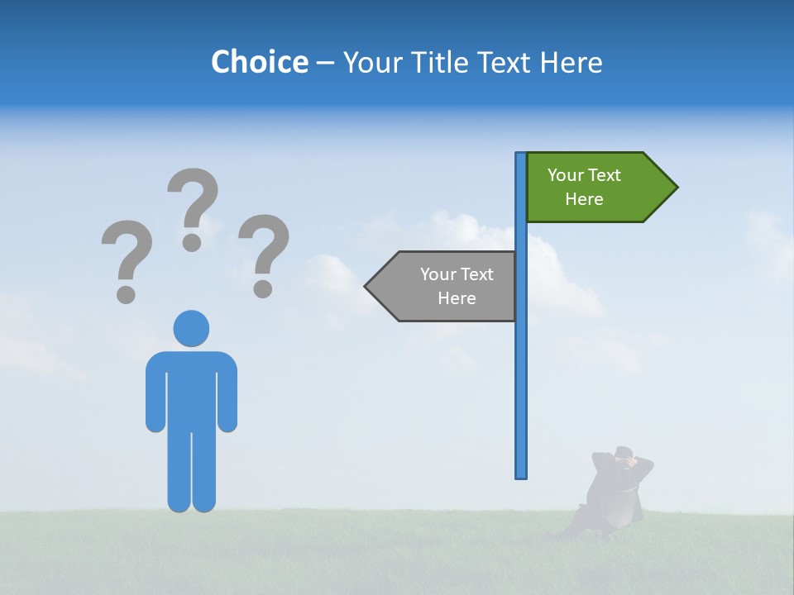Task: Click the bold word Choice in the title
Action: tap(259, 62)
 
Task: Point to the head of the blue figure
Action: tap(191, 328)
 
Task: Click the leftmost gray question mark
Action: tap(127, 259)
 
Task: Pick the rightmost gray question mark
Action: tap(264, 255)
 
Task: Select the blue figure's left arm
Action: tap(155, 393)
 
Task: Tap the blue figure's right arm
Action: tap(227, 393)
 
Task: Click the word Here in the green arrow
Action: tap(584, 199)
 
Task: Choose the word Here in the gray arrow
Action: tap(457, 298)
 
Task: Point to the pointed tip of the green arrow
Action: tap(676, 188)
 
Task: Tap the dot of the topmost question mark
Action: tap(192, 241)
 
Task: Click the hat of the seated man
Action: tap(624, 452)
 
